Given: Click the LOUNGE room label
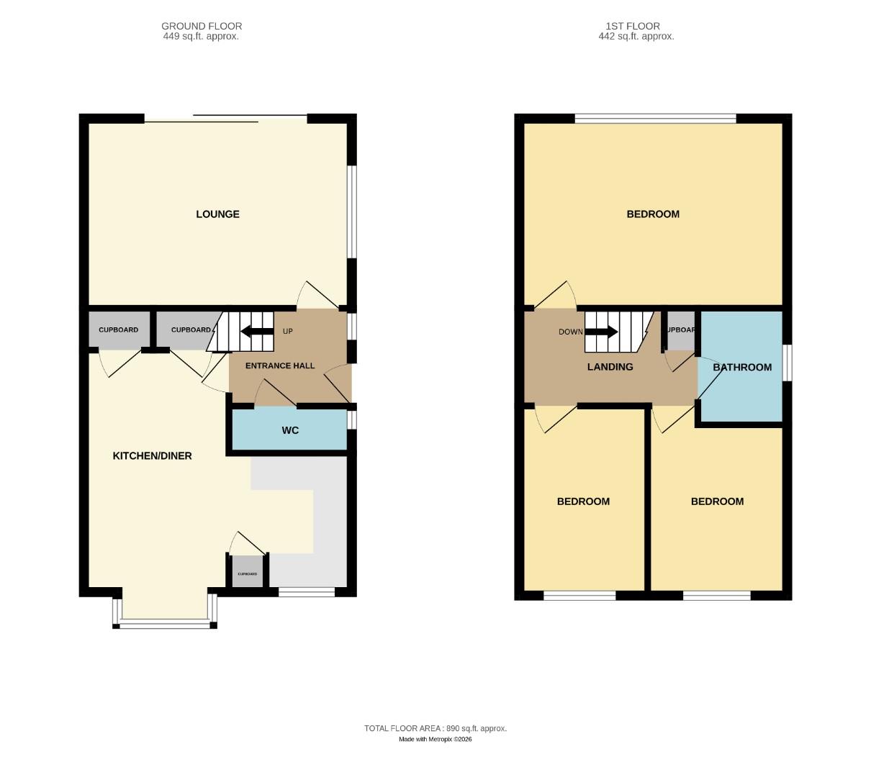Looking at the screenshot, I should (217, 214).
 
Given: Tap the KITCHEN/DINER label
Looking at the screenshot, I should (152, 456).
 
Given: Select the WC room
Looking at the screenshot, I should (289, 430).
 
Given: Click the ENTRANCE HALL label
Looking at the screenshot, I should (280, 366).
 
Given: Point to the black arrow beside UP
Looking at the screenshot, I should (257, 332).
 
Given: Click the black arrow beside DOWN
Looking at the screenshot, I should (601, 332).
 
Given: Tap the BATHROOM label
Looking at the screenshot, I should (742, 368).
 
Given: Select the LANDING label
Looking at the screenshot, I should (610, 367).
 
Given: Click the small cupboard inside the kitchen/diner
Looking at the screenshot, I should (247, 573).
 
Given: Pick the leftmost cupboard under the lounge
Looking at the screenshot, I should (119, 330).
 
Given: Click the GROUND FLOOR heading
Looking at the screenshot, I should (202, 27).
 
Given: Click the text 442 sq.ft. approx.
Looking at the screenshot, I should (636, 36).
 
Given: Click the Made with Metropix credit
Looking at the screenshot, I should (435, 739).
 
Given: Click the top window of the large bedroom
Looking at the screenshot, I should (655, 119).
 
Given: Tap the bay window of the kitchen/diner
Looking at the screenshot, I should (165, 623).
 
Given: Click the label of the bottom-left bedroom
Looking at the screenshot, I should (583, 501).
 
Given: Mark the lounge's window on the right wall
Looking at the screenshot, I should (352, 212).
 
